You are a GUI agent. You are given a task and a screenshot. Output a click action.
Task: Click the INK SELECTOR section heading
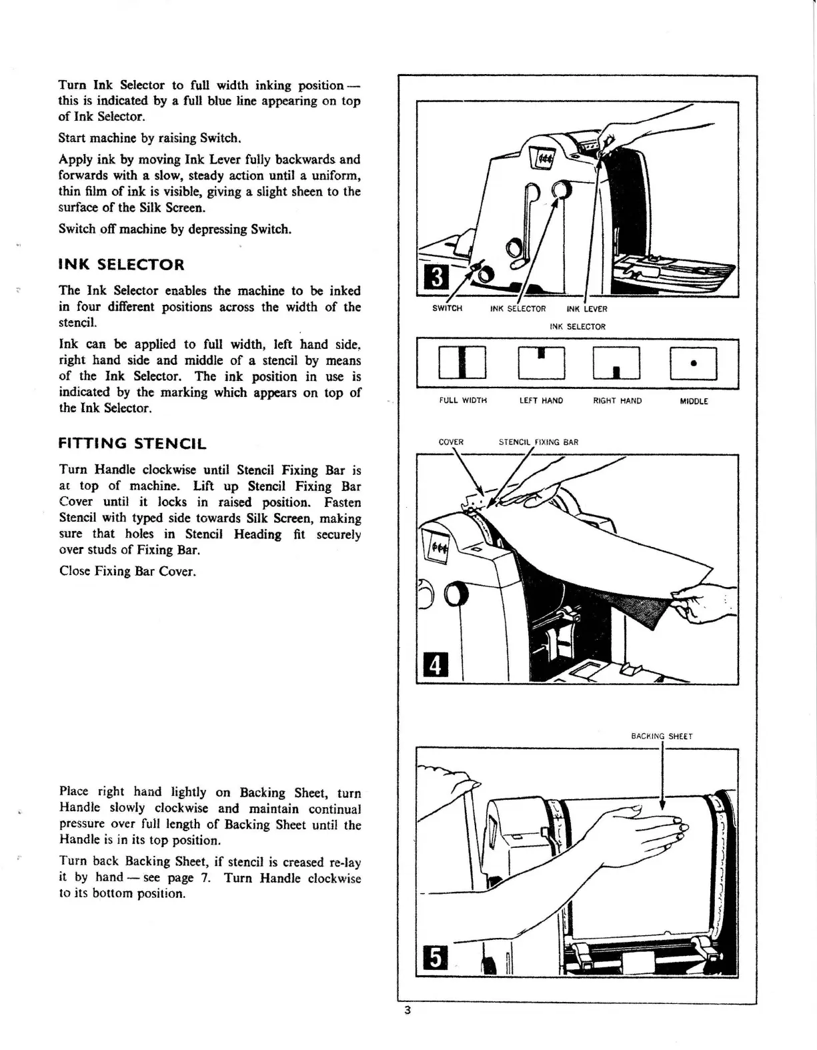(x=121, y=265)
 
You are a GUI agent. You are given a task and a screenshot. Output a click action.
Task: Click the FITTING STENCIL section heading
(x=133, y=444)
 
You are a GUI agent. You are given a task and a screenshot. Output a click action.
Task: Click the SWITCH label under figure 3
(x=447, y=309)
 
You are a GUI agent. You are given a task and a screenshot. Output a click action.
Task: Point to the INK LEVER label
(x=587, y=309)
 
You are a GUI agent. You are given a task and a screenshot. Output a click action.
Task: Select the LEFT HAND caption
(x=541, y=401)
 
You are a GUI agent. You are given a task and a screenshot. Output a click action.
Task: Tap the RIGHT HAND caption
(x=618, y=401)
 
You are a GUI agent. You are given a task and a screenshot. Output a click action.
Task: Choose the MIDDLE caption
(x=694, y=402)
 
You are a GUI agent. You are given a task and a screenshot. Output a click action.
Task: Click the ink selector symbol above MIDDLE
(x=694, y=364)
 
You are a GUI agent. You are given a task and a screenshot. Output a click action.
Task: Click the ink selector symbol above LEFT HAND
(x=541, y=364)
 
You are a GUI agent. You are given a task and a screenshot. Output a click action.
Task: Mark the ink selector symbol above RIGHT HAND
(x=617, y=364)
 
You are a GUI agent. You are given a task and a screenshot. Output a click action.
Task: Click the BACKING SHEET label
(x=662, y=736)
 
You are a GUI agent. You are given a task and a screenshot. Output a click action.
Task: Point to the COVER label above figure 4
(x=451, y=442)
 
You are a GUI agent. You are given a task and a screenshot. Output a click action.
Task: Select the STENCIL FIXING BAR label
(x=538, y=442)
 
